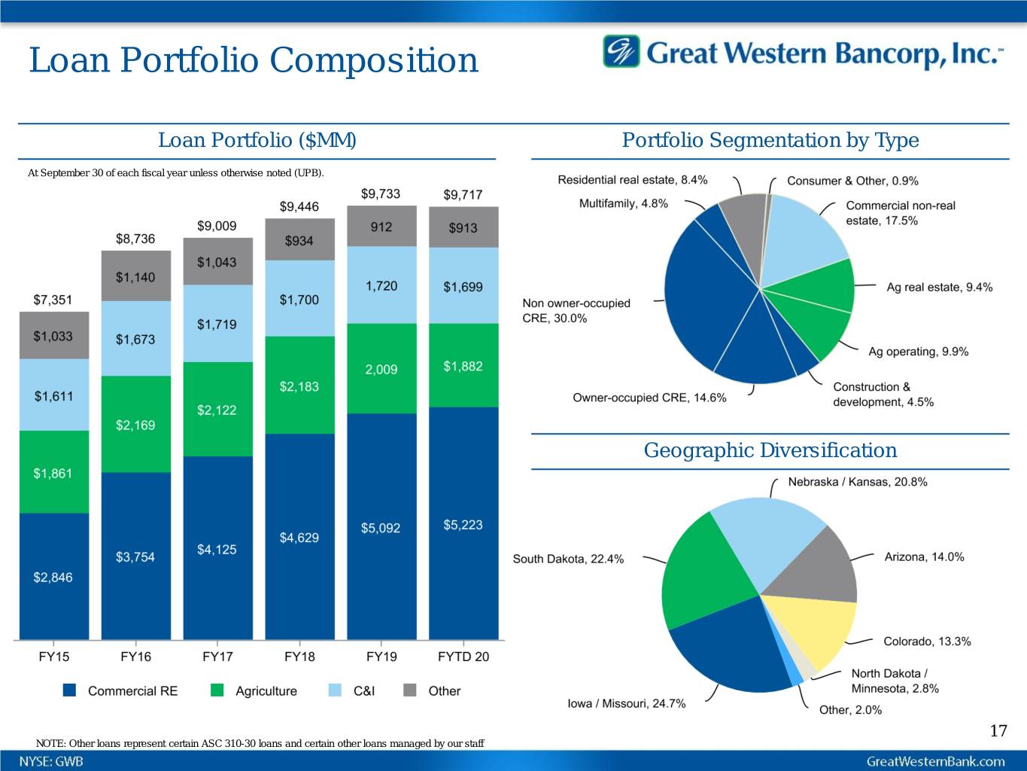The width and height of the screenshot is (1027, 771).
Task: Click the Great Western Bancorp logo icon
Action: (x=621, y=52)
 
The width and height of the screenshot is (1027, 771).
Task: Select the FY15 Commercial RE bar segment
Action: (x=53, y=576)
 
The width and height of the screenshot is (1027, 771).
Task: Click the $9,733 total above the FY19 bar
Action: (x=381, y=194)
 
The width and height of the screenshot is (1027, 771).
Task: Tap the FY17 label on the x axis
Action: (x=217, y=657)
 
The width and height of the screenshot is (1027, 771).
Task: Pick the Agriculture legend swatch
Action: (x=217, y=690)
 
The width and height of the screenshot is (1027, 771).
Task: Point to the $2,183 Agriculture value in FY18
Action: (x=299, y=386)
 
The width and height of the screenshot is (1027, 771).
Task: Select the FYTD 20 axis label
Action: (x=463, y=657)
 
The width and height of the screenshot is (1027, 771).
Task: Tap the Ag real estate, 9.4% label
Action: (x=939, y=287)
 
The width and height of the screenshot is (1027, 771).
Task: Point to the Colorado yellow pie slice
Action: (x=813, y=629)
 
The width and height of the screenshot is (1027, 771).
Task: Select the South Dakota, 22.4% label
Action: (x=568, y=559)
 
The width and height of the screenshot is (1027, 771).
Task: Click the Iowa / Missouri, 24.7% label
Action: (x=626, y=703)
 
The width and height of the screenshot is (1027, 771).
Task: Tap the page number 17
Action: (x=998, y=730)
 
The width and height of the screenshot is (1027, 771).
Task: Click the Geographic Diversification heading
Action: (x=770, y=450)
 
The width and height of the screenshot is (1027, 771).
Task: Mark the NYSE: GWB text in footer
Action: (x=51, y=761)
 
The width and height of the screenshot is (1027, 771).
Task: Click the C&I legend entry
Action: (x=363, y=690)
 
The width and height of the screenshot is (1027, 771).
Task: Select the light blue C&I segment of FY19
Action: (x=381, y=285)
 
